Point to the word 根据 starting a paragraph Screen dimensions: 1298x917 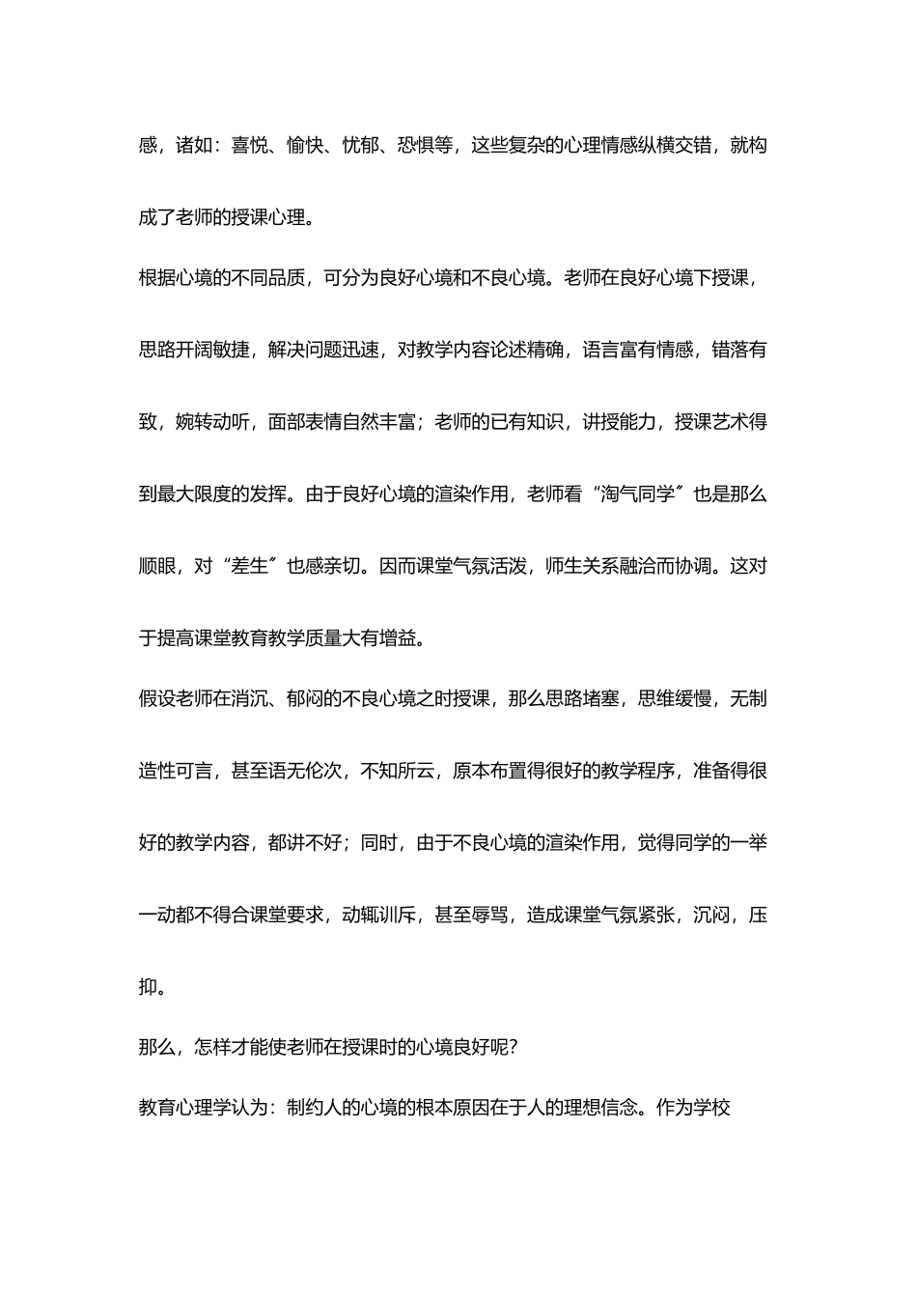pos(157,277)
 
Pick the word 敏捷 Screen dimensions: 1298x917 pos(232,350)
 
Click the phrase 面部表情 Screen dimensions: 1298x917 pos(305,422)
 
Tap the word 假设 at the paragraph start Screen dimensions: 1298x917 pos(157,698)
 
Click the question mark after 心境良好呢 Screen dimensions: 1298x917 pos(512,1047)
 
